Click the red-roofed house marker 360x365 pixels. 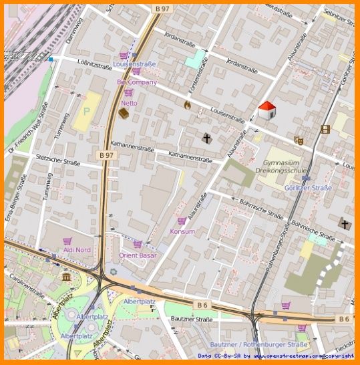click(267, 110)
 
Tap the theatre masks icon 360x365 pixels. click(299, 140)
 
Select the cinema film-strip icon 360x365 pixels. click(325, 129)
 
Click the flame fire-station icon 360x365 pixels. click(188, 104)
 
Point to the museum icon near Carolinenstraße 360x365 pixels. click(66, 277)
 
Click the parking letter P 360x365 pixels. click(85, 111)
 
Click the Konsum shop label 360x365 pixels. click(182, 231)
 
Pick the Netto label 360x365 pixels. click(129, 103)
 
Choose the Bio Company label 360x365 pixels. click(136, 82)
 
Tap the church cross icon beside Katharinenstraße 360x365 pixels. click(207, 138)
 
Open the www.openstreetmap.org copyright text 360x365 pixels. click(299, 356)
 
